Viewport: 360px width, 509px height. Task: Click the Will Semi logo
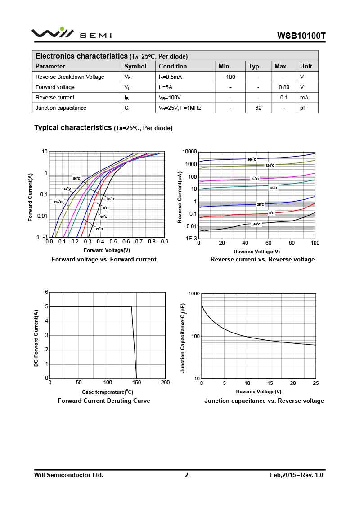point(71,34)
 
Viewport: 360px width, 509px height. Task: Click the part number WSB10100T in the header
point(301,36)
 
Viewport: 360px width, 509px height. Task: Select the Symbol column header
point(135,66)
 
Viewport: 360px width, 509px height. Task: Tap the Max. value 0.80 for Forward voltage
point(284,87)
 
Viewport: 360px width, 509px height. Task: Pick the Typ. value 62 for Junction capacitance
point(258,108)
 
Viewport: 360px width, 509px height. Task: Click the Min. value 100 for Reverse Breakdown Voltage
point(230,77)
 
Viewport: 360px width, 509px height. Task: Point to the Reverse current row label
point(55,98)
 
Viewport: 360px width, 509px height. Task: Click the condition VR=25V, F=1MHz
point(180,108)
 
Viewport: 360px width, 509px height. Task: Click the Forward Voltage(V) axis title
point(107,250)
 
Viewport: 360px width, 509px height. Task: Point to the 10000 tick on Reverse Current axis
point(189,152)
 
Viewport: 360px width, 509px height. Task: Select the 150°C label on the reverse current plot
point(252,159)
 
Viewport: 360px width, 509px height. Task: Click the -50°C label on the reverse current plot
point(256,224)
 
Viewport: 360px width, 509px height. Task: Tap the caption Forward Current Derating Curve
point(104,401)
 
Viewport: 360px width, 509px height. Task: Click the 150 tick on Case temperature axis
point(137,383)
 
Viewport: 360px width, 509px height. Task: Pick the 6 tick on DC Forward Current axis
point(46,292)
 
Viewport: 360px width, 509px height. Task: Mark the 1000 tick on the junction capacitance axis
point(194,294)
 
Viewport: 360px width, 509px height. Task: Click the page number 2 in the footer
point(187,475)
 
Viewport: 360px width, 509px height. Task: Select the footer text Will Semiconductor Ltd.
point(69,475)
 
